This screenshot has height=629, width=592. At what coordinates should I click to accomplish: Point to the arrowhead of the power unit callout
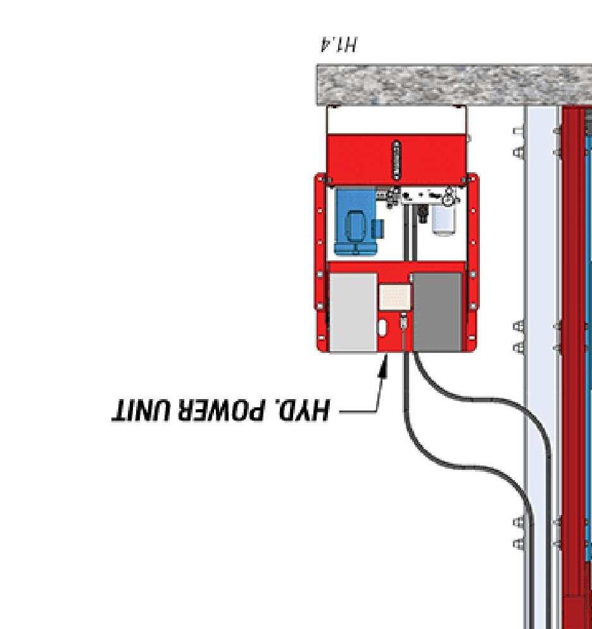382,365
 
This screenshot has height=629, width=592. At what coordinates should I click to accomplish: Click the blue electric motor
356,222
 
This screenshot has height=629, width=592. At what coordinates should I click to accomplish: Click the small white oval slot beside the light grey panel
383,327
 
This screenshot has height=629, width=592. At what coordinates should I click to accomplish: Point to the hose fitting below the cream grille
403,324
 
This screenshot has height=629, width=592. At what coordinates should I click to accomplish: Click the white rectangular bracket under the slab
397,120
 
